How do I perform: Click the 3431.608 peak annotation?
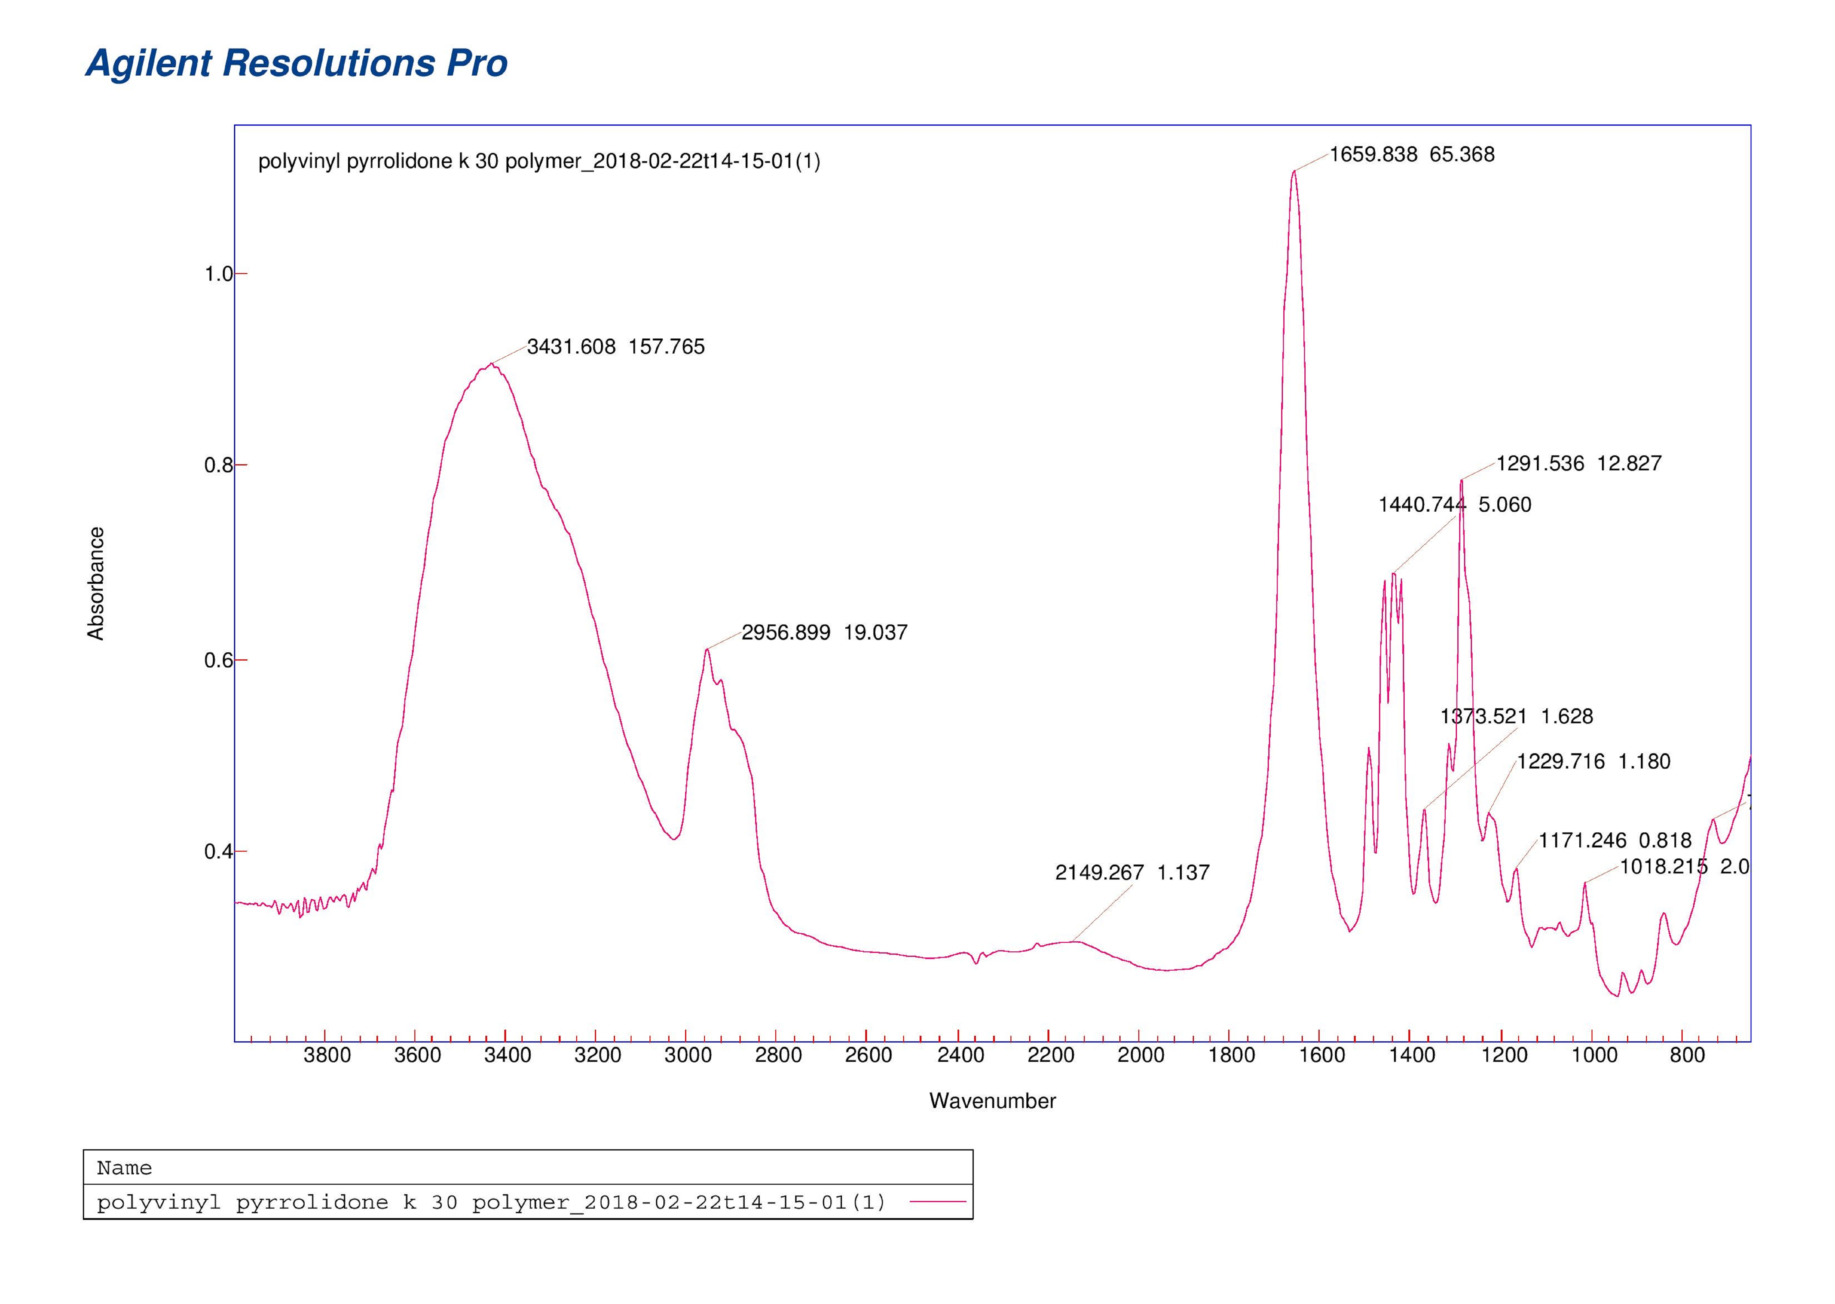pos(615,347)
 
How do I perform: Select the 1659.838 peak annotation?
pos(1412,154)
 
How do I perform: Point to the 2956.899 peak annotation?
pos(824,633)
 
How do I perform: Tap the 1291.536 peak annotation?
pos(1578,463)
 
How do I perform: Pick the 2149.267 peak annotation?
pos(1132,873)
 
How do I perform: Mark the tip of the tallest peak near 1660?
pos(1293,171)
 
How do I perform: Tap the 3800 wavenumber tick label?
pos(327,1055)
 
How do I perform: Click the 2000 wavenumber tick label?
pos(1140,1055)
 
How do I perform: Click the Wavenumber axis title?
pos(992,1101)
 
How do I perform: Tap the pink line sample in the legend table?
pos(937,1202)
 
